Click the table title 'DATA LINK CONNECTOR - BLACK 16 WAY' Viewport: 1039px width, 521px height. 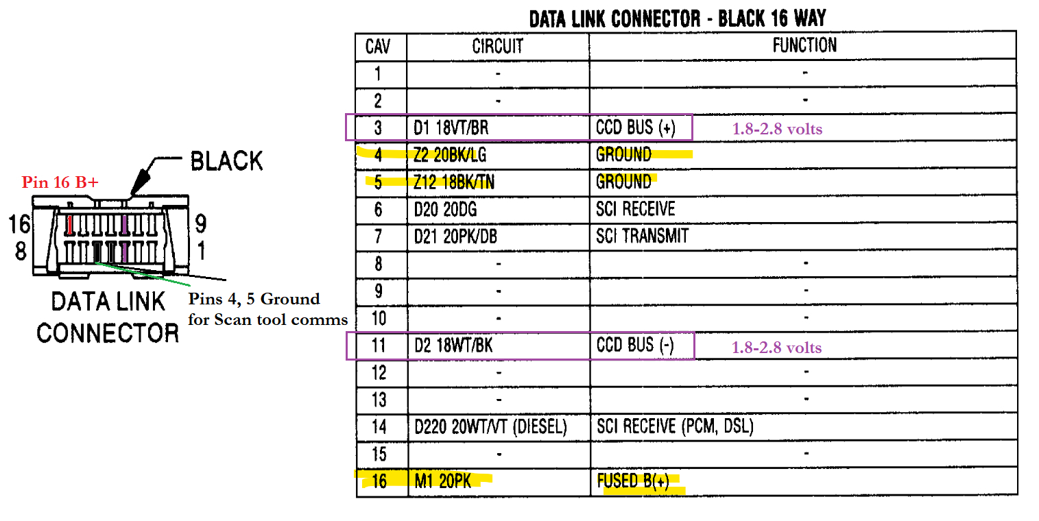[x=678, y=19]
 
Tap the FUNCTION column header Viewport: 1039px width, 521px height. [x=804, y=46]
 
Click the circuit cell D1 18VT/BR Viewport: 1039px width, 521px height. [x=451, y=128]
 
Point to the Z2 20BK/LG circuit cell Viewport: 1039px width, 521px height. [x=450, y=156]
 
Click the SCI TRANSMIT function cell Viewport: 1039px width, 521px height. [x=642, y=237]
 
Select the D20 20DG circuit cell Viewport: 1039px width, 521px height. [x=444, y=210]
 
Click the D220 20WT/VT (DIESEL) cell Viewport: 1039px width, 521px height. [x=490, y=427]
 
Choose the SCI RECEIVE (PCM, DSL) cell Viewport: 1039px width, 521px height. [x=675, y=427]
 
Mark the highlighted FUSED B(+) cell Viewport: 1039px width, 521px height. [x=633, y=481]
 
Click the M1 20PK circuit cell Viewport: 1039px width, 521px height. [x=443, y=481]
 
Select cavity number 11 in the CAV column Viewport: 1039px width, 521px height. [x=379, y=346]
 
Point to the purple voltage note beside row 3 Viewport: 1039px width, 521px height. [x=776, y=129]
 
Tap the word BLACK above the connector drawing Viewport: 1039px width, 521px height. [x=226, y=161]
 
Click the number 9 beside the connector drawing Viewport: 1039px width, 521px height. [x=201, y=223]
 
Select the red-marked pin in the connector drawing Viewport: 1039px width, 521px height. [x=70, y=224]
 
